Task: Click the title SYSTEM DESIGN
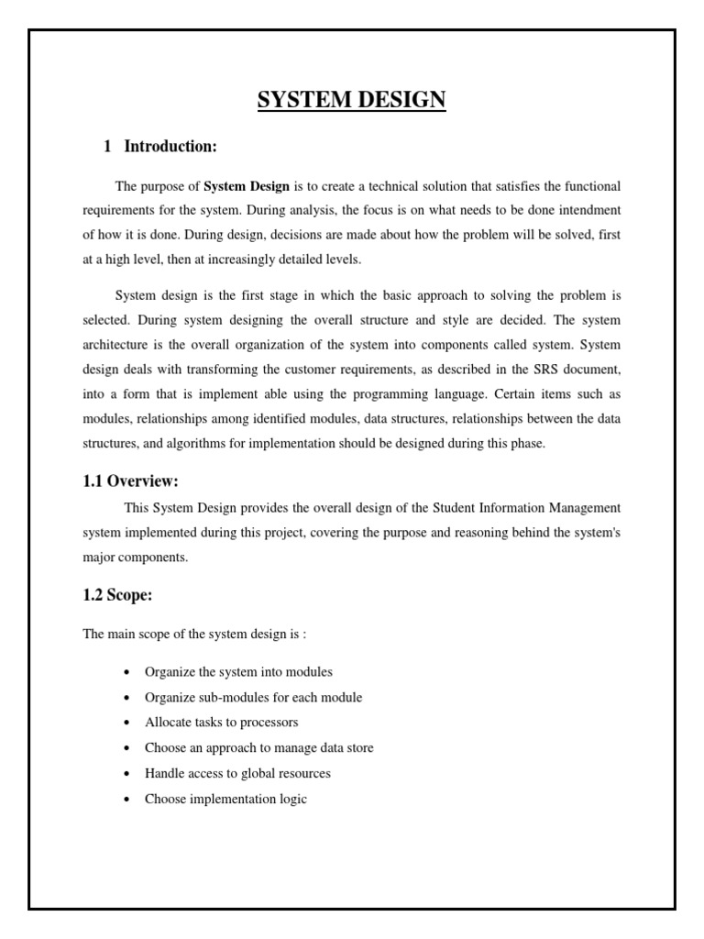(x=351, y=100)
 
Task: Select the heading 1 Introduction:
(x=159, y=146)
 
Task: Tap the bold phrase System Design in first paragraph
(x=246, y=186)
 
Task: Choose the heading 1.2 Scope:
(x=117, y=595)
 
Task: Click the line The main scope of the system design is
(x=207, y=635)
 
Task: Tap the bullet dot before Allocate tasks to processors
(x=125, y=724)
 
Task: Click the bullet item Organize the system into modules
(x=238, y=672)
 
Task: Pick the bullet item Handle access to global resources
(x=237, y=774)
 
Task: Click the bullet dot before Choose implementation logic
(x=125, y=800)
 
